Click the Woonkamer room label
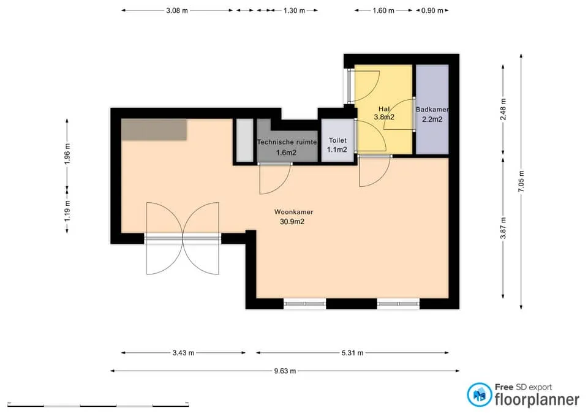pyautogui.click(x=293, y=212)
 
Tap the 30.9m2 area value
pyautogui.click(x=292, y=222)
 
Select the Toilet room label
pyautogui.click(x=337, y=140)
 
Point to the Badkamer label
pyautogui.click(x=432, y=110)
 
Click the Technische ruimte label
pyautogui.click(x=287, y=142)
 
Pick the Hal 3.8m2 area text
pyautogui.click(x=384, y=117)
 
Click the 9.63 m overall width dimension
pyautogui.click(x=285, y=371)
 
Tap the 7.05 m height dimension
pyautogui.click(x=521, y=181)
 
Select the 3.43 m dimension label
pyautogui.click(x=183, y=353)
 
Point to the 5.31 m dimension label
pyautogui.click(x=353, y=353)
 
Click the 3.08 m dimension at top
pyautogui.click(x=177, y=10)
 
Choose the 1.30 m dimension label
pyautogui.click(x=295, y=10)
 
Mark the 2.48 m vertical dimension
pyautogui.click(x=503, y=109)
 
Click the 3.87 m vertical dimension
pyautogui.click(x=503, y=228)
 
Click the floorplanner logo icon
pyautogui.click(x=479, y=395)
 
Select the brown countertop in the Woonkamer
pyautogui.click(x=154, y=129)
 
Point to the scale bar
pyautogui.click(x=98, y=405)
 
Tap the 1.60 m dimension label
pyautogui.click(x=383, y=10)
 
